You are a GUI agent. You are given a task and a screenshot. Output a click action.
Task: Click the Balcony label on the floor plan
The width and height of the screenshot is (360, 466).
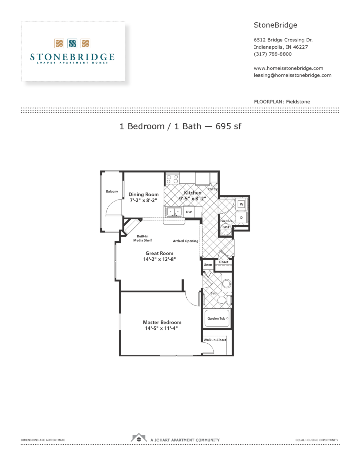click(x=112, y=191)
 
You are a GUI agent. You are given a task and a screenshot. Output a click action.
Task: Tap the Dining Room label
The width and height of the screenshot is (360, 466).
click(x=143, y=194)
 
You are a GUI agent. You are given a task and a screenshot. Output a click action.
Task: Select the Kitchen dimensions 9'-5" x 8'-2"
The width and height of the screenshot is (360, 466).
click(x=192, y=199)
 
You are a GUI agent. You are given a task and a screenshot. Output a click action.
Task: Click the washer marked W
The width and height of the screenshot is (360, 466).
click(x=241, y=204)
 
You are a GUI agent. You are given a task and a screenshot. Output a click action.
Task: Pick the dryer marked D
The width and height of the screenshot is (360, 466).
click(x=241, y=218)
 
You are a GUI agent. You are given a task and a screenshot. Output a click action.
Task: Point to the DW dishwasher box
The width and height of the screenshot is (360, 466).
click(x=189, y=212)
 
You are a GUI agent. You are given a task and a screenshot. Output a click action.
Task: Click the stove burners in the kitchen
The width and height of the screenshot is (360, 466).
click(x=172, y=179)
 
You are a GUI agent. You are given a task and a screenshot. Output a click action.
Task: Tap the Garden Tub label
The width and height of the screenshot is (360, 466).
click(x=216, y=318)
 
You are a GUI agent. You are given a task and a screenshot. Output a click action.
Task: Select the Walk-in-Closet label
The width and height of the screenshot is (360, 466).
click(x=215, y=340)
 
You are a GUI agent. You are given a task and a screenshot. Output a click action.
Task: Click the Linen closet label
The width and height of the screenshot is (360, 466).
click(x=208, y=265)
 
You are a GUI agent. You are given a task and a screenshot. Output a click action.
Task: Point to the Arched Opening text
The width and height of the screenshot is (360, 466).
click(x=185, y=241)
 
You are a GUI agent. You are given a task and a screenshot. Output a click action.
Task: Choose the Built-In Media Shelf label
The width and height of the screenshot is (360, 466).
click(x=142, y=238)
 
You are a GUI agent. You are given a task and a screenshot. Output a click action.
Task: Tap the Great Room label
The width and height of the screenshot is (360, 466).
click(x=159, y=253)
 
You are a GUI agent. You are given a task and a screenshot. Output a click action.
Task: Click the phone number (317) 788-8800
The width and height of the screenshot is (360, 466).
click(x=272, y=54)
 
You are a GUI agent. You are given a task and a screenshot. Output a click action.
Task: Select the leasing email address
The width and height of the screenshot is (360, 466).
click(x=292, y=75)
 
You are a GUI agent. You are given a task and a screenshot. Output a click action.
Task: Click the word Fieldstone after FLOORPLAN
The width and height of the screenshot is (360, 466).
click(x=298, y=102)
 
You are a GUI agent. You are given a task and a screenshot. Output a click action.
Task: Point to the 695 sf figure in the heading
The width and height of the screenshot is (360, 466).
click(x=228, y=126)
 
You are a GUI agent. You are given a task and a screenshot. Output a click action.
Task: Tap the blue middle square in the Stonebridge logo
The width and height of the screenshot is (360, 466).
click(x=72, y=44)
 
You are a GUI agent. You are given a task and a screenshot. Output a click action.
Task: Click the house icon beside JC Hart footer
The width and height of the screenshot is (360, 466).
click(x=139, y=438)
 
